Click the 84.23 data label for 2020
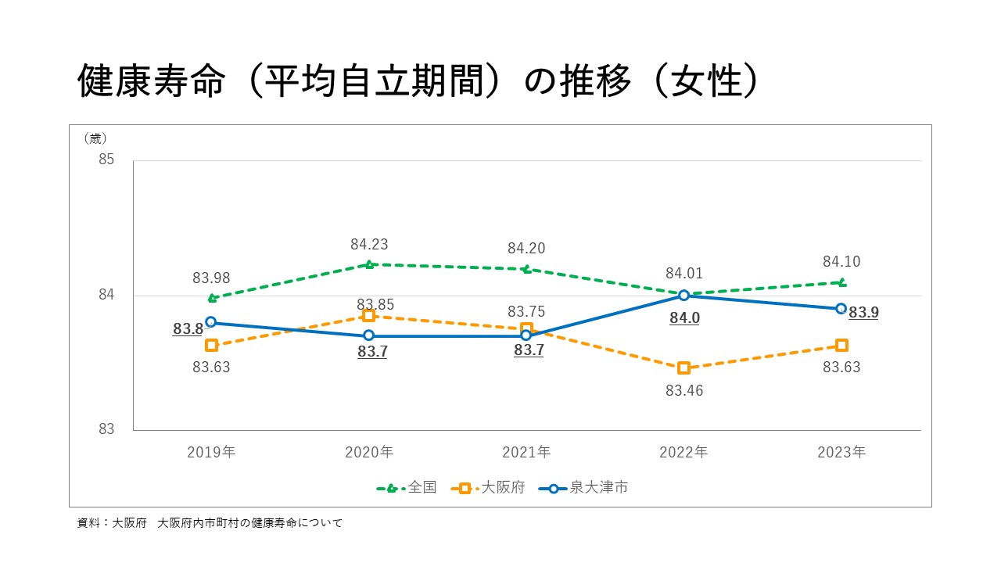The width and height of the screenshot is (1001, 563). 369,245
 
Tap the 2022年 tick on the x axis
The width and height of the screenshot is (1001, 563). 683,452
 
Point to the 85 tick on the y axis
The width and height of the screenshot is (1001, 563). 106,160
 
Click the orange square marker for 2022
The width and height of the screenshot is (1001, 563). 683,368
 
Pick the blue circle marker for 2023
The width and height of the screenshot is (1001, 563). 841,308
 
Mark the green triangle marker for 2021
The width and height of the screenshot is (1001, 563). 526,269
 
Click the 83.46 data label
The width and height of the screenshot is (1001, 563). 684,391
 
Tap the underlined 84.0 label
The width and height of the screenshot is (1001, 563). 684,318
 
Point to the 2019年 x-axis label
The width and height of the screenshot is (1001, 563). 211,452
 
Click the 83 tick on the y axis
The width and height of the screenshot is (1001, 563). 106,429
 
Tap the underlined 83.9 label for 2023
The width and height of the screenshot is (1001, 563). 863,313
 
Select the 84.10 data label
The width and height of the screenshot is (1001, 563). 841,262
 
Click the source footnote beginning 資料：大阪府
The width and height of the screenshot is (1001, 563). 210,523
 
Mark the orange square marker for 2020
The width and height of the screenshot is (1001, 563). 369,315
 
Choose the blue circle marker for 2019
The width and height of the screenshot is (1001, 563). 211,321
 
